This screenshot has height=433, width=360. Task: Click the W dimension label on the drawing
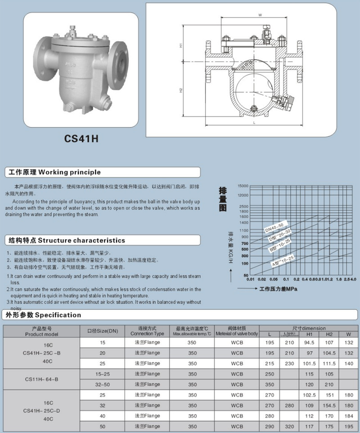(260, 15)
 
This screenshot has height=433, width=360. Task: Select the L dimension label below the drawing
(254, 122)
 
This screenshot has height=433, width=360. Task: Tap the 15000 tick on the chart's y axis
(243, 186)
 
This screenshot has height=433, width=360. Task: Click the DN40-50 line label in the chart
(274, 228)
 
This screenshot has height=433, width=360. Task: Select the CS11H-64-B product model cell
(41, 379)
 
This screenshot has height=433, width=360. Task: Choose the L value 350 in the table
(269, 384)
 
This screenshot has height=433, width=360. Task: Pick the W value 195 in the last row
(348, 426)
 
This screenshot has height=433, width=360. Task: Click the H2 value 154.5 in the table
(329, 406)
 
